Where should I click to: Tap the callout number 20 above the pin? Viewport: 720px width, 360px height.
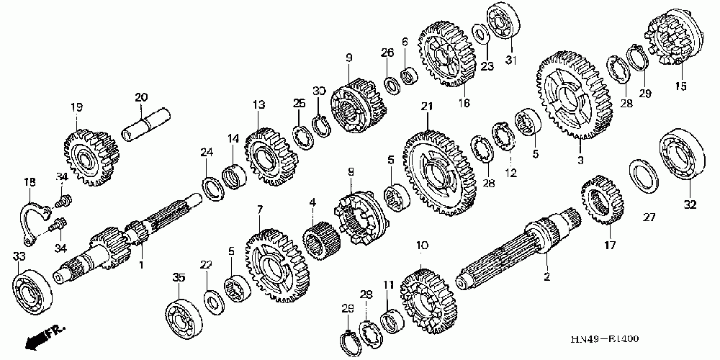pyautogui.click(x=140, y=97)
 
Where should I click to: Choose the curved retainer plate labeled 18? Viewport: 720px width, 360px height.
pyautogui.click(x=34, y=216)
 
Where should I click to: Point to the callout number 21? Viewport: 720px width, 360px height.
pyautogui.click(x=426, y=107)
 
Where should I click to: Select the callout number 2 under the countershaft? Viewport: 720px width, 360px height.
pyautogui.click(x=546, y=276)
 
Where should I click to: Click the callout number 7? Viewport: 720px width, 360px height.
pyautogui.click(x=260, y=209)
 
